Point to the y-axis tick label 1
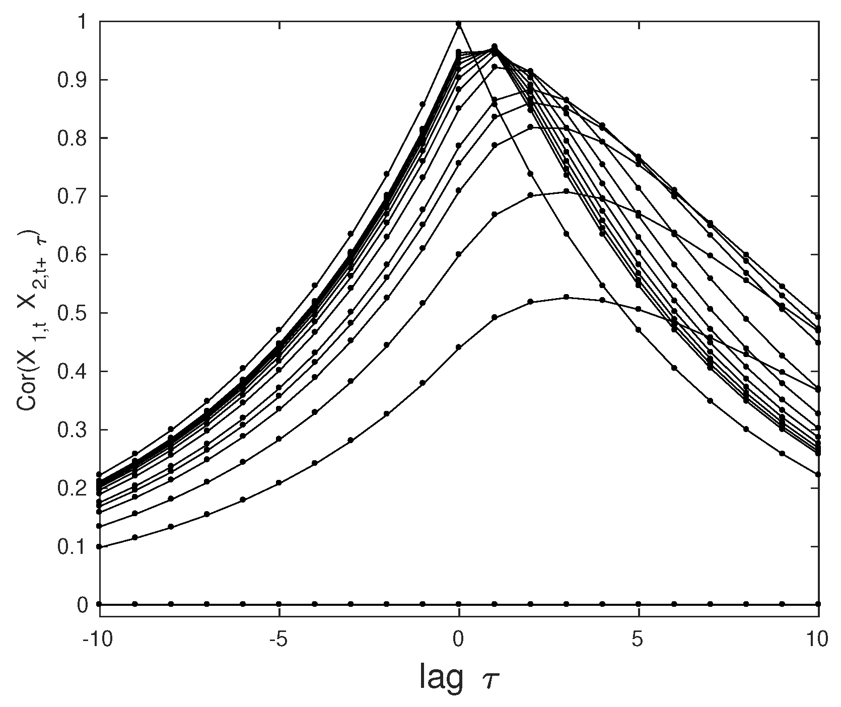[x=84, y=22]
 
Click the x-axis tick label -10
[x=99, y=639]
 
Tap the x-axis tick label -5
[x=279, y=639]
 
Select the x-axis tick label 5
[x=639, y=639]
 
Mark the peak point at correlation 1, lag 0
[x=459, y=24]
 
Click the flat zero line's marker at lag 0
[x=459, y=604]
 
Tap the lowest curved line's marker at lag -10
[x=100, y=546]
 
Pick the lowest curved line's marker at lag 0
[x=459, y=347]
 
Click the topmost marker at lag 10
[x=818, y=317]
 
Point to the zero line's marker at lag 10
[x=818, y=604]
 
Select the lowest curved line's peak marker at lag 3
[x=567, y=297]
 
